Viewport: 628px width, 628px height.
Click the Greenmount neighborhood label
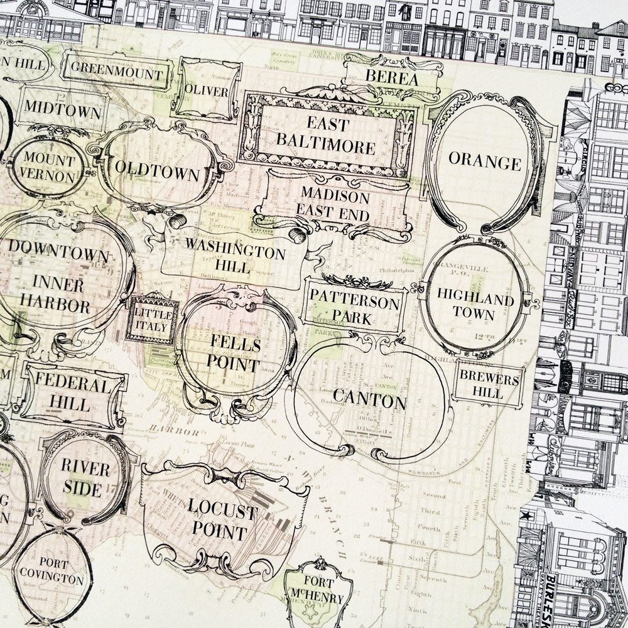tap(117, 74)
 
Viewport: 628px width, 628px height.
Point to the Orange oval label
tap(484, 163)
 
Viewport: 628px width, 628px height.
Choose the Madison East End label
tap(335, 203)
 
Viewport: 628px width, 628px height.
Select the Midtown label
tap(62, 112)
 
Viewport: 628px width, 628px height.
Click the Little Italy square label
tap(151, 318)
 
